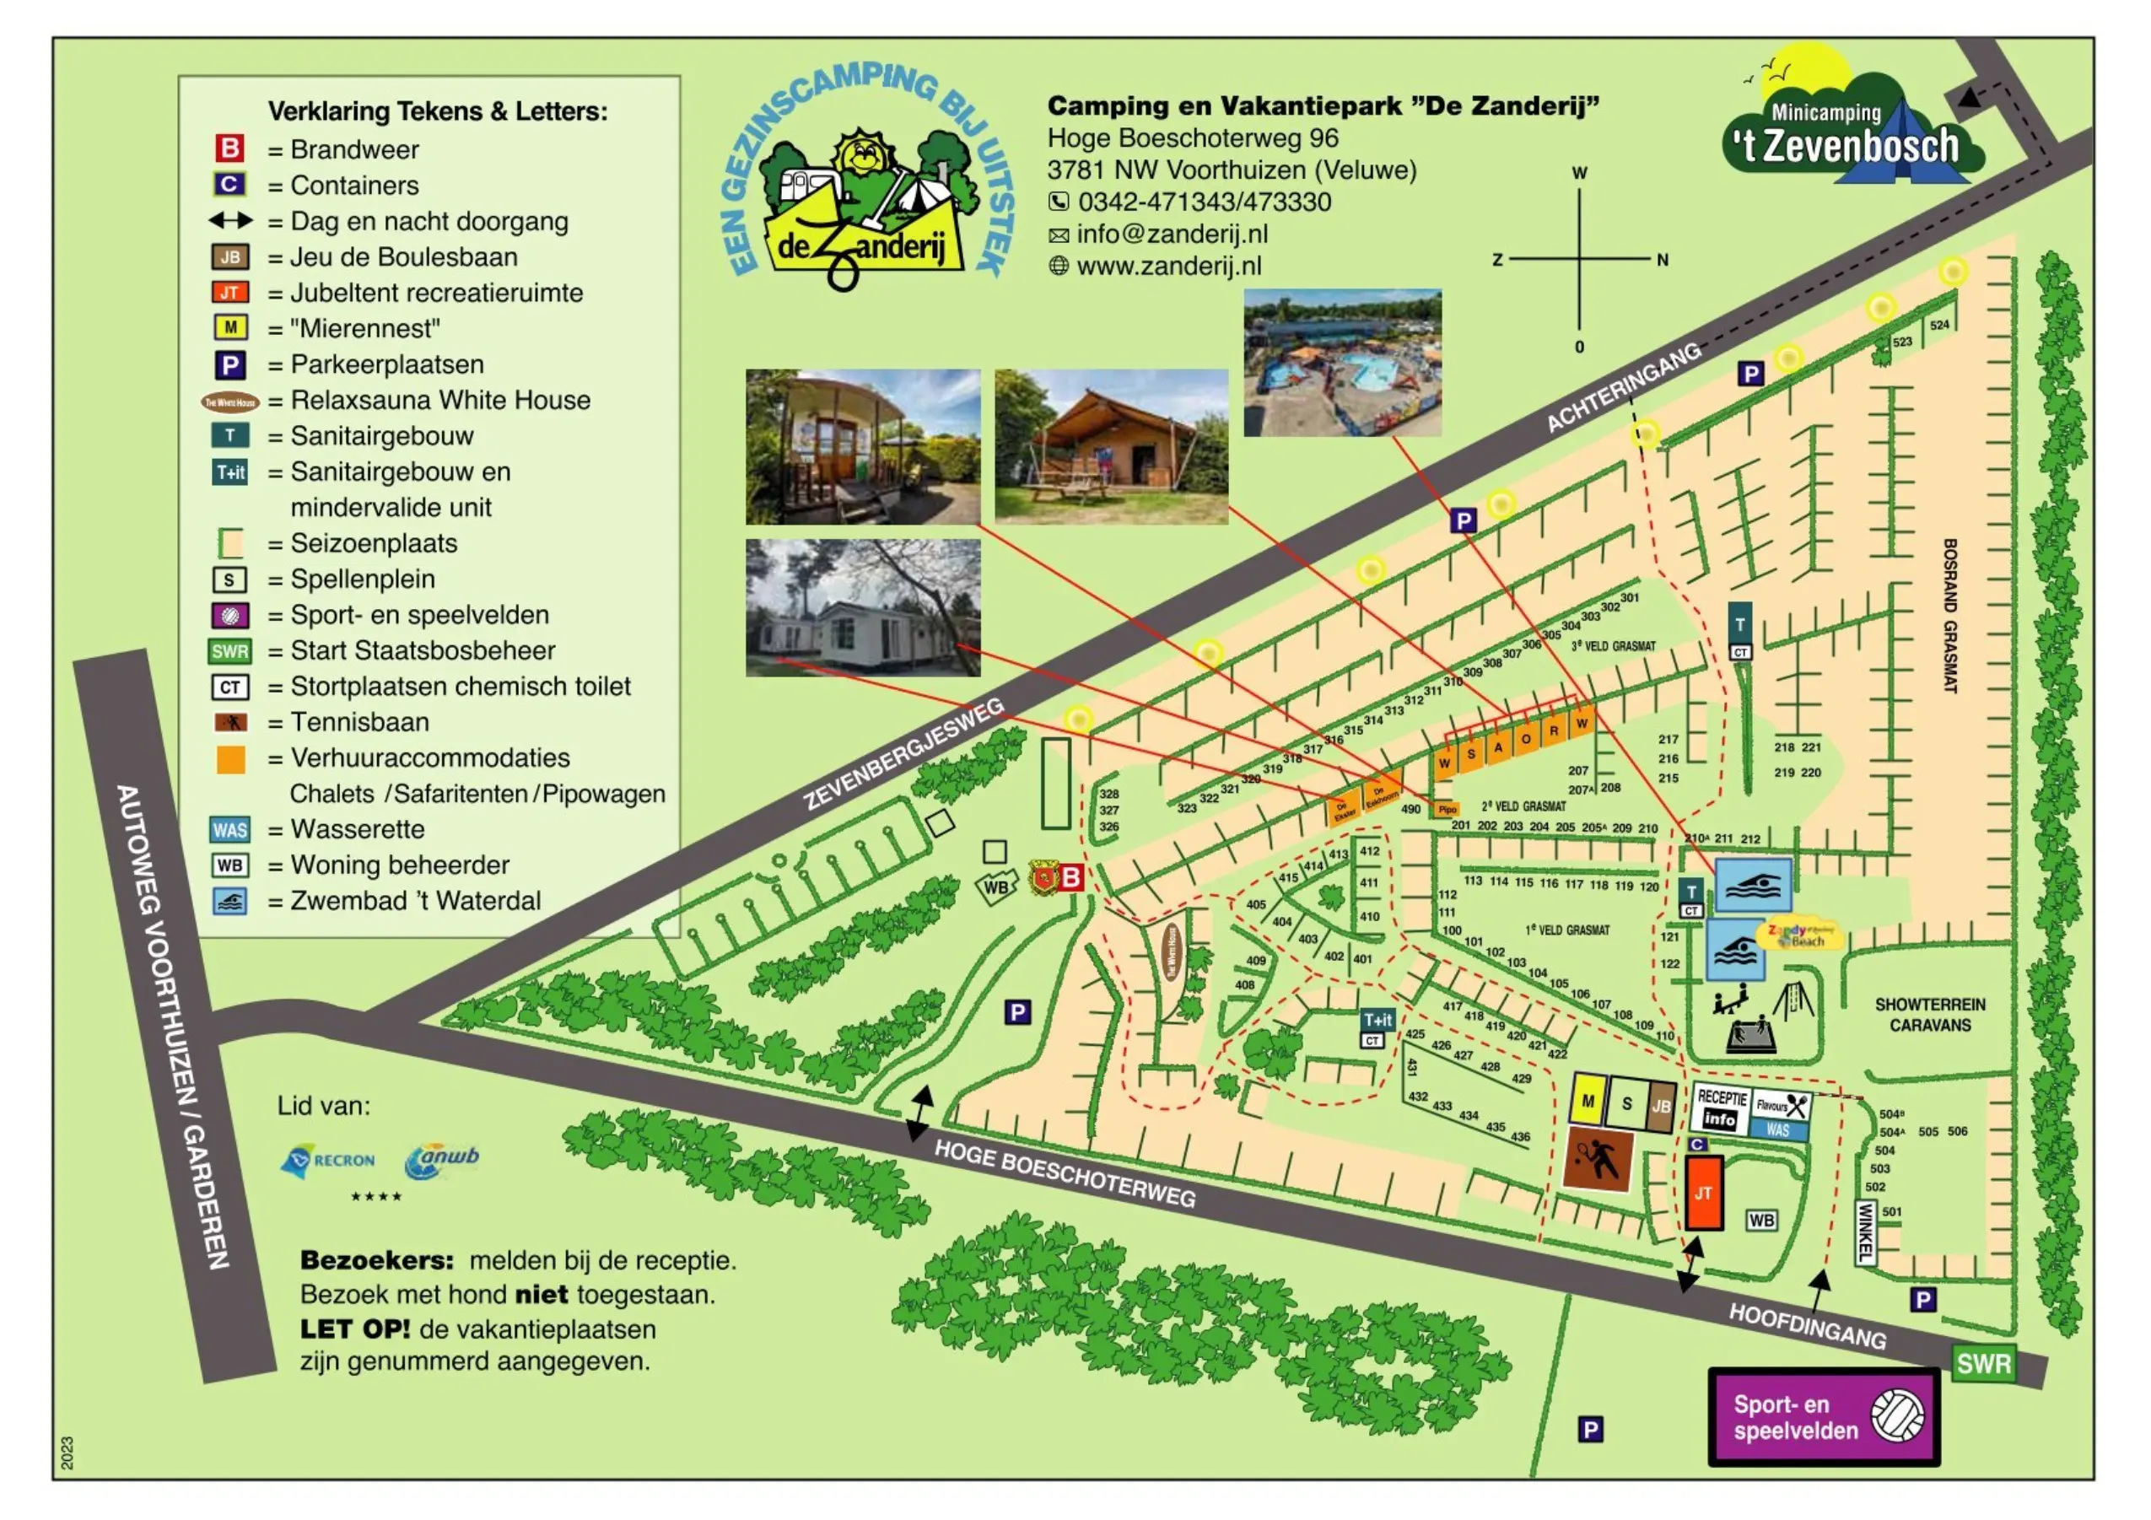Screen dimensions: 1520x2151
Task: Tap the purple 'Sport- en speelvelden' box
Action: (1822, 1416)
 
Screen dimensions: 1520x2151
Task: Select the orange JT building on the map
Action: (1703, 1192)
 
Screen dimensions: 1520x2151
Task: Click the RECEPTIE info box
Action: (1721, 1109)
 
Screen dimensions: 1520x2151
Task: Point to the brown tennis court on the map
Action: (1598, 1160)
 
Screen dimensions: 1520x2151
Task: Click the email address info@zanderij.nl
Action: (1171, 234)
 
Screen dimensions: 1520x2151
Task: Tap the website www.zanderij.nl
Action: (1168, 266)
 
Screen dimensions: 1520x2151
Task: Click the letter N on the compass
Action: (1662, 261)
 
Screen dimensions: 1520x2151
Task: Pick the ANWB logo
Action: (441, 1160)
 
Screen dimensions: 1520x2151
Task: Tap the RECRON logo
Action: (328, 1161)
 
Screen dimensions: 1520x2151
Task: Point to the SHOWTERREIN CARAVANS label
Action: (1929, 1014)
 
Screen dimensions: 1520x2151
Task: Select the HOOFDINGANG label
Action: (1806, 1325)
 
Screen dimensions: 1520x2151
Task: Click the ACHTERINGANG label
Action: (1624, 387)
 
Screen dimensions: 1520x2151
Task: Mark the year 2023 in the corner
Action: (67, 1452)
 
